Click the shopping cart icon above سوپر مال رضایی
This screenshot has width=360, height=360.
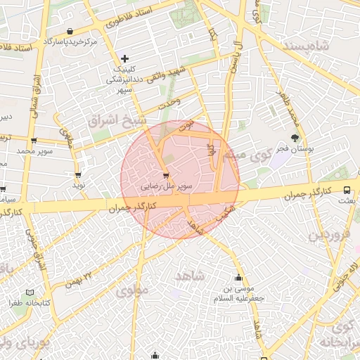166,175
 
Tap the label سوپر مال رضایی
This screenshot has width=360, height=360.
166,187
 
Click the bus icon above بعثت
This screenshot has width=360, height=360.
347,190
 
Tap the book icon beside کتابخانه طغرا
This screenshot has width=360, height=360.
30,292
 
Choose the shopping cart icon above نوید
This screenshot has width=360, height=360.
77,174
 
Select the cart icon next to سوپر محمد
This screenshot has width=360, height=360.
34,141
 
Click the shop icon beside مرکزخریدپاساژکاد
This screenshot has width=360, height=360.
70,32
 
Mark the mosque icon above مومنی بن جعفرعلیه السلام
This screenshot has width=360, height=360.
238,276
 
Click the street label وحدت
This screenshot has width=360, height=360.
170,103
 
